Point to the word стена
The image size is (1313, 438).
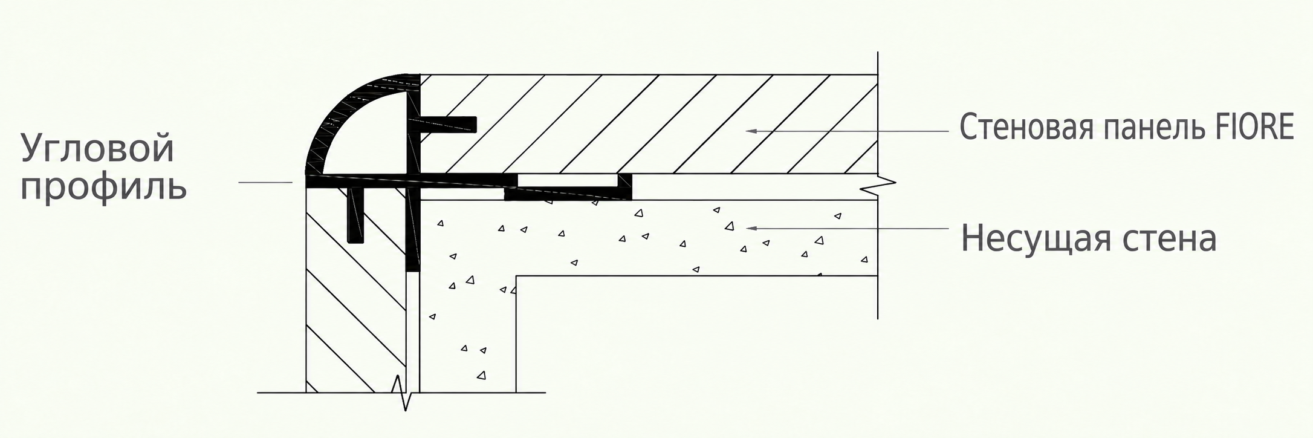pos(1169,240)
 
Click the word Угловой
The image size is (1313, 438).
pos(98,148)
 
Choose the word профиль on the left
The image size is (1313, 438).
pos(103,188)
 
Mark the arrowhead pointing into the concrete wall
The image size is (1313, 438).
pos(751,228)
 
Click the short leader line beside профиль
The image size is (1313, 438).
pos(265,182)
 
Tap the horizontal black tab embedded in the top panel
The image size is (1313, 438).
pos(447,124)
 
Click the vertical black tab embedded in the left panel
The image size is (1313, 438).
pos(356,215)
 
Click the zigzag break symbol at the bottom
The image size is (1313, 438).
pos(404,393)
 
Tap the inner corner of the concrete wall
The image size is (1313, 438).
pos(516,276)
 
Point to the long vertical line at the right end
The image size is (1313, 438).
pos(877,185)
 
